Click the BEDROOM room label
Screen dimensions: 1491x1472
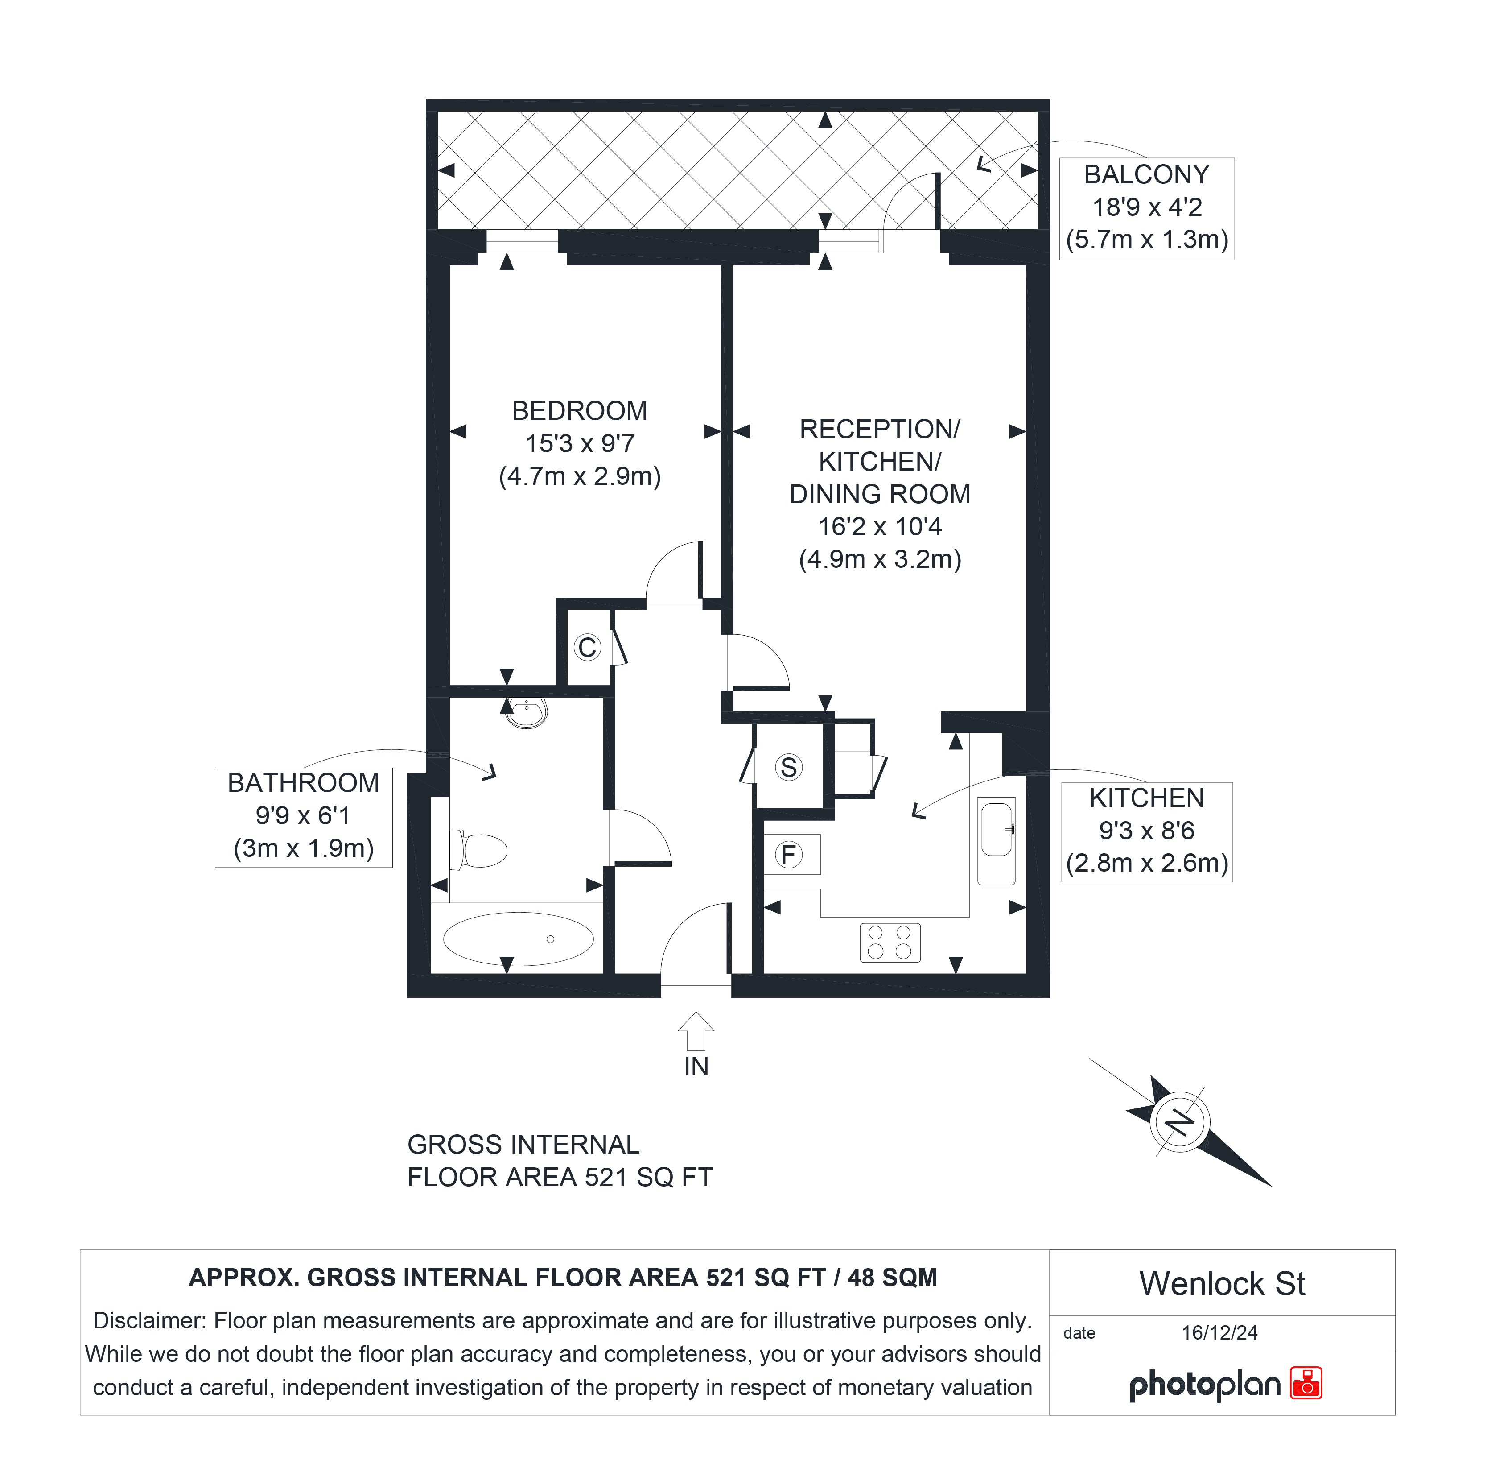click(x=580, y=411)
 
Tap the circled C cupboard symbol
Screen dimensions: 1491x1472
click(x=587, y=647)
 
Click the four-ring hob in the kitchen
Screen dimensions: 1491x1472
click(x=890, y=943)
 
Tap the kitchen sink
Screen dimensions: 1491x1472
click(x=997, y=840)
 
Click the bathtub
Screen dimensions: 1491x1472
click(x=518, y=939)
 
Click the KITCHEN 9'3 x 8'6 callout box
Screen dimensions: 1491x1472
click(x=1147, y=831)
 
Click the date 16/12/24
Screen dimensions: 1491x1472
click(x=1219, y=1332)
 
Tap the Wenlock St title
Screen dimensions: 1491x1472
click(x=1223, y=1284)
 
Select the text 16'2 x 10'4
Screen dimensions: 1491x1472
click(x=880, y=526)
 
